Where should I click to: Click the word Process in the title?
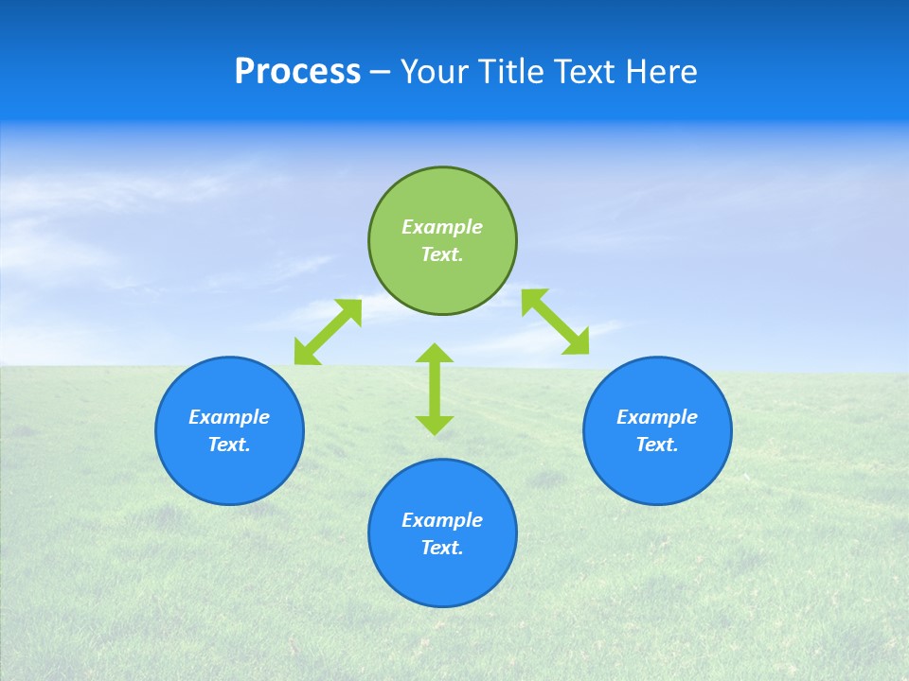[297, 72]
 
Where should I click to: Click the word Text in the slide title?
[586, 72]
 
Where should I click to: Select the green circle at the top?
[442, 241]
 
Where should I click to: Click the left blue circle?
[229, 430]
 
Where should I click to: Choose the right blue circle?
[657, 430]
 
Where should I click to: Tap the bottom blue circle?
[442, 533]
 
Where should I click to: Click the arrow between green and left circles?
[328, 332]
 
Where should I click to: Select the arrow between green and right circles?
[555, 322]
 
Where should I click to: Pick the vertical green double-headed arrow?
[435, 389]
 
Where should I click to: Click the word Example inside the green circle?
[442, 227]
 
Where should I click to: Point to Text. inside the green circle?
[442, 254]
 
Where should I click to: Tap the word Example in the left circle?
[229, 417]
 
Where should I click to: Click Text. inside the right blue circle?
[657, 445]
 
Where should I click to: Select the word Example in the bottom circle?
[442, 520]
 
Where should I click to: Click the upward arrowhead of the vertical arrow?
[435, 353]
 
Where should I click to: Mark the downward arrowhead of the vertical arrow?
[435, 425]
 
